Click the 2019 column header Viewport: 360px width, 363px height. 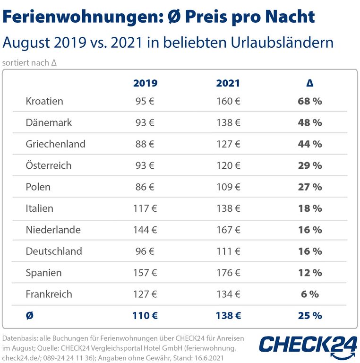coord(145,83)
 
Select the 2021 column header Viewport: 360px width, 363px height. coord(228,83)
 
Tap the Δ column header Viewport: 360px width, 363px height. coord(310,83)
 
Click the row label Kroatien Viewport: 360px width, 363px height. coord(44,101)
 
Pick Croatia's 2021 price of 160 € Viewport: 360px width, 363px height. coord(228,101)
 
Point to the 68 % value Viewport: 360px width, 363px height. coord(310,101)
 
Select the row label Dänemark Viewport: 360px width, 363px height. coord(49,122)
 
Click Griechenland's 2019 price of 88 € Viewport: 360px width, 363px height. coord(145,144)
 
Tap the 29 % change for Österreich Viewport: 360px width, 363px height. coord(310,165)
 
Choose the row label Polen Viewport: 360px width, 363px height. coord(38,187)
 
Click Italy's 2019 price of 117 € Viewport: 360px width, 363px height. coord(145,208)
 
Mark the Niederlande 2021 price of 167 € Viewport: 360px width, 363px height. coord(228,230)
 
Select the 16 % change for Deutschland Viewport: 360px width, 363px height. coord(310,251)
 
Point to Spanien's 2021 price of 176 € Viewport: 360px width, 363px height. coord(228,273)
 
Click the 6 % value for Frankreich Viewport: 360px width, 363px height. coord(310,294)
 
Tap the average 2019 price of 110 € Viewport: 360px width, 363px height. coord(145,315)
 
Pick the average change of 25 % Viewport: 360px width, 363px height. coord(310,315)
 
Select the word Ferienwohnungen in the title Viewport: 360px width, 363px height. coord(80,17)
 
